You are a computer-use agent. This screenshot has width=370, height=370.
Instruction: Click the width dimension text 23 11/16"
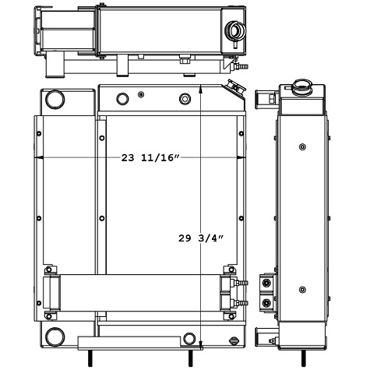(150, 158)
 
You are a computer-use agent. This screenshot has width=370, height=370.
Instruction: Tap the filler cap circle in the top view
(234, 31)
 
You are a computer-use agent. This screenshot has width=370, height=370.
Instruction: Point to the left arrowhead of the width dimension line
(40, 158)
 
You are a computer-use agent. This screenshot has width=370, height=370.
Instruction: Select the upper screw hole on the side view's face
(302, 146)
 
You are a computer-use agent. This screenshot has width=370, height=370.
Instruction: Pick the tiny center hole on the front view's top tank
(140, 94)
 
